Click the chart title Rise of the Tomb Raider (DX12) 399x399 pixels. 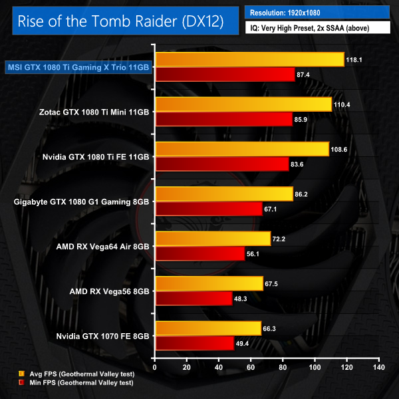[x=120, y=22]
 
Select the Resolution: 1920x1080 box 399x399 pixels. [x=317, y=12]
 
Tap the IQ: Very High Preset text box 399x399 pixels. [x=317, y=28]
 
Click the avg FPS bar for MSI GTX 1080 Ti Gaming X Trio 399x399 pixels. [x=249, y=59]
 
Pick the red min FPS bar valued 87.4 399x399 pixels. [x=224, y=74]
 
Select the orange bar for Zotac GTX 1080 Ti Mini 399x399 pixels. [x=243, y=104]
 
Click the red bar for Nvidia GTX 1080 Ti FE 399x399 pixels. [x=221, y=164]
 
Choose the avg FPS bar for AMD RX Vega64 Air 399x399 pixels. [x=212, y=239]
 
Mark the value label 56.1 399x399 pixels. [x=255, y=254]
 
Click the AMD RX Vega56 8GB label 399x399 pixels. [x=109, y=291]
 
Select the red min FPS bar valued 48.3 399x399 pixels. [x=193, y=299]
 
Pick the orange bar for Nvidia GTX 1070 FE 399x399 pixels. [x=207, y=329]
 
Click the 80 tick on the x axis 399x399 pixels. [x=283, y=366]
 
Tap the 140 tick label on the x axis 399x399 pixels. [x=378, y=366]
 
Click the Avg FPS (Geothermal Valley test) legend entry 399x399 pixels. [x=78, y=376]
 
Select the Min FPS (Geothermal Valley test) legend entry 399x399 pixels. [x=78, y=384]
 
